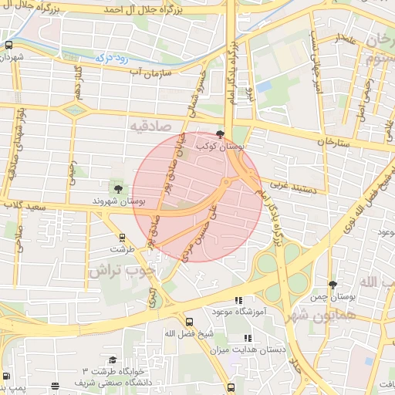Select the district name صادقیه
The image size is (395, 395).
click(x=149, y=125)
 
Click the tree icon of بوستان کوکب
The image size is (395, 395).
click(x=221, y=133)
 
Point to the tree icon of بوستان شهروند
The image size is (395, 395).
click(x=118, y=187)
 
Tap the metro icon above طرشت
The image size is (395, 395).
click(x=122, y=238)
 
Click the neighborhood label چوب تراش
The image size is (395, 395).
click(x=121, y=271)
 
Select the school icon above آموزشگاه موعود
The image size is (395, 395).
click(x=238, y=300)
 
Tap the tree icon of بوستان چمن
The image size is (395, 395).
click(x=333, y=285)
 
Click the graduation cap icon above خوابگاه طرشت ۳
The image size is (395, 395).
click(x=113, y=360)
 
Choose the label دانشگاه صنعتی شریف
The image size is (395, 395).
click(x=107, y=383)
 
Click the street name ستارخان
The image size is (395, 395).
click(x=333, y=142)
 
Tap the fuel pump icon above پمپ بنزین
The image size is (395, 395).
click(x=7, y=376)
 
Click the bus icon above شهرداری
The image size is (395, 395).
click(x=8, y=46)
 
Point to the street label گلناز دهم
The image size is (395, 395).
click(x=78, y=81)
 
